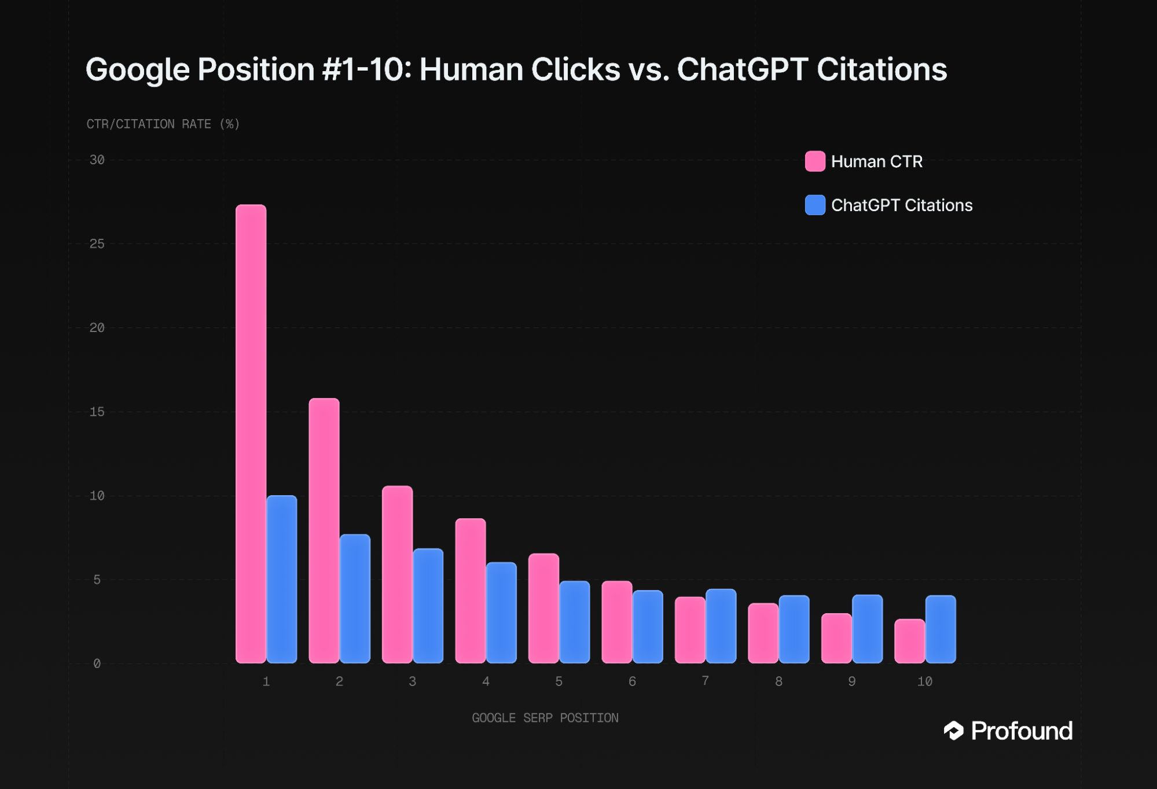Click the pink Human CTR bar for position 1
point(251,434)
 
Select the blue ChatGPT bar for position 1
point(282,579)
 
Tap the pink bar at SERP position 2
point(324,530)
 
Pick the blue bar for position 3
point(428,606)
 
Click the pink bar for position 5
point(543,608)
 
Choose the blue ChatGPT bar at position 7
point(721,626)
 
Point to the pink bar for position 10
point(909,641)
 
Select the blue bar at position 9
point(867,629)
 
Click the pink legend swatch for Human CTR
point(815,161)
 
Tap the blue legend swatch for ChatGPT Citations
point(815,205)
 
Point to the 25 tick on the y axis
point(97,244)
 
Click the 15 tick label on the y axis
point(97,412)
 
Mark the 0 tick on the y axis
point(97,664)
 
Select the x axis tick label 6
point(632,682)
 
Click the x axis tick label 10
point(924,682)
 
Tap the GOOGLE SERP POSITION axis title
point(545,718)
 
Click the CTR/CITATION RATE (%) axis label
point(163,124)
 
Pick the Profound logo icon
point(953,731)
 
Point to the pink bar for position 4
point(471,591)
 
